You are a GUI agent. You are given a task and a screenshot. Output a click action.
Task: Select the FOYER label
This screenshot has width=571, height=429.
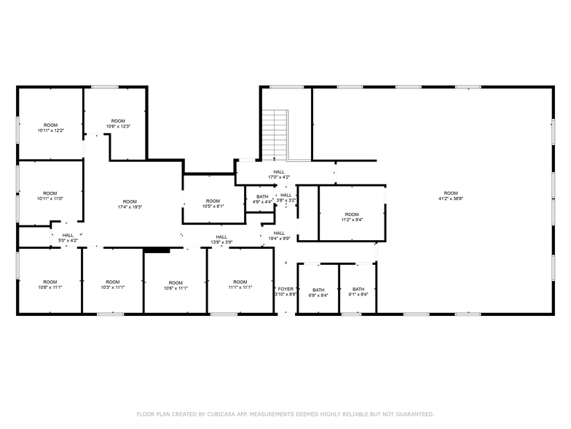pyautogui.click(x=285, y=290)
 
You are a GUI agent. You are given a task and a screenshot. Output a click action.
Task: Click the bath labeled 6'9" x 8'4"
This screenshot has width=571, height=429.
pyautogui.click(x=318, y=292)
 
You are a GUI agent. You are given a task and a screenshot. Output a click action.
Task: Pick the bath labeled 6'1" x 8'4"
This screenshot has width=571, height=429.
pyautogui.click(x=358, y=292)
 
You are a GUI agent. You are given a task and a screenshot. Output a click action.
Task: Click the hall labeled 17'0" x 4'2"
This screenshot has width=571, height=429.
pyautogui.click(x=279, y=174)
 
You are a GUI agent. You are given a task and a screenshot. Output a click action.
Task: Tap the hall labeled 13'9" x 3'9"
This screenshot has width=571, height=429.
pyautogui.click(x=221, y=239)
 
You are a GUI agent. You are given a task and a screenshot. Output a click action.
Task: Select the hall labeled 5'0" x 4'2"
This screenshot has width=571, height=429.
pyautogui.click(x=67, y=237)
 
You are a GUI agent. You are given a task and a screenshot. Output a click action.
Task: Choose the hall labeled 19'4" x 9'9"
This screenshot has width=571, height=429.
pyautogui.click(x=279, y=236)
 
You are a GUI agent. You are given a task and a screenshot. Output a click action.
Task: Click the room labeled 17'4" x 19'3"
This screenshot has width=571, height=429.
pyautogui.click(x=130, y=204)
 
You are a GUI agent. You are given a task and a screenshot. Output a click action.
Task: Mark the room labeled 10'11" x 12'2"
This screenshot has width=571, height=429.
pyautogui.click(x=50, y=128)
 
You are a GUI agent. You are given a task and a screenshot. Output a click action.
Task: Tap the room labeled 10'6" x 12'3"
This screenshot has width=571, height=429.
pyautogui.click(x=118, y=123)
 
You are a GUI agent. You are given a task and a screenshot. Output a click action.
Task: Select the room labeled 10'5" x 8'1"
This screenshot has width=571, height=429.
pyautogui.click(x=213, y=204)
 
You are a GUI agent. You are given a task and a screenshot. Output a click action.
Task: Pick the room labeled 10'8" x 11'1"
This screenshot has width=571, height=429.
pyautogui.click(x=50, y=285)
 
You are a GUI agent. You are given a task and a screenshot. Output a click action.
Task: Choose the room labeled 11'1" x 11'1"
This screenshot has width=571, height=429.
pyautogui.click(x=240, y=285)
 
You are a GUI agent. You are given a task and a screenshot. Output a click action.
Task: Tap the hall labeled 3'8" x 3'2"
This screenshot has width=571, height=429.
pyautogui.click(x=286, y=197)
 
